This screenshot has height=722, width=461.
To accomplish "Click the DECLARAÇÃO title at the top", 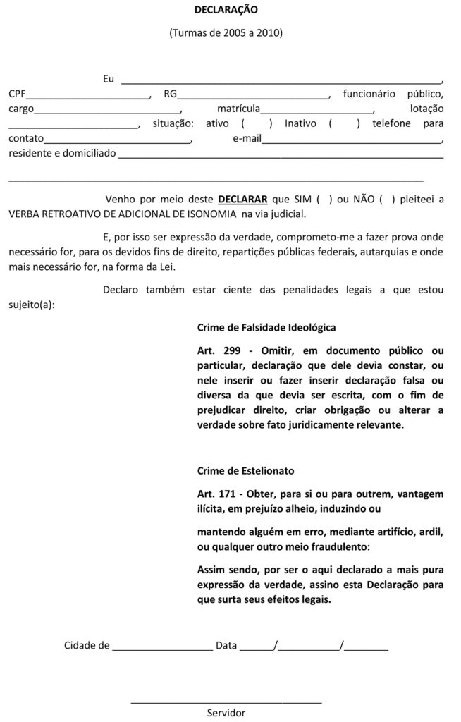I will tap(226, 10).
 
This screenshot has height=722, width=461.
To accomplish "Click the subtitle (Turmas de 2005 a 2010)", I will tap(226, 33).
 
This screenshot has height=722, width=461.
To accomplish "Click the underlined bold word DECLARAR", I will tap(242, 200).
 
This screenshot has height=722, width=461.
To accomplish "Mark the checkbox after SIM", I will tap(325, 200).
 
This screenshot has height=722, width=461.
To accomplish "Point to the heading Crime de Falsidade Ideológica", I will tap(267, 328).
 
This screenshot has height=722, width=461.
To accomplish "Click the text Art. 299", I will tap(219, 350).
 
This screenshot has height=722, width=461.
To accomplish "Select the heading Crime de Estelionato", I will tap(246, 470).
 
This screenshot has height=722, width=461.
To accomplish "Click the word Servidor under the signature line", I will tap(226, 713).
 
